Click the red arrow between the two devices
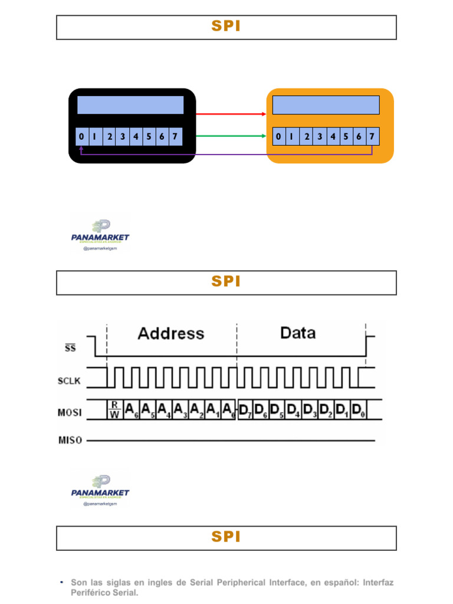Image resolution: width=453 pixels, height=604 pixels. point(231,113)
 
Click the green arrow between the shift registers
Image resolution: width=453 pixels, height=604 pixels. point(231,136)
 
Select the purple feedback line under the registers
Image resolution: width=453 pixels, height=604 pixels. point(226,155)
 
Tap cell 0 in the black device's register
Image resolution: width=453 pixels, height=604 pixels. point(81,137)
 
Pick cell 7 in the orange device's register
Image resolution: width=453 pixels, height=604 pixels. point(372,137)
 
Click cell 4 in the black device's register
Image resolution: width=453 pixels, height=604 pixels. point(136,137)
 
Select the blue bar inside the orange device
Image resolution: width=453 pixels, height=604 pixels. point(326,105)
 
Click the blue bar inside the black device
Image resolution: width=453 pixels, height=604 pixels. point(130,105)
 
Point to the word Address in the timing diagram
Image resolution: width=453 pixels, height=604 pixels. point(171,333)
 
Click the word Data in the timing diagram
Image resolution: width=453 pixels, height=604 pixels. point(298,333)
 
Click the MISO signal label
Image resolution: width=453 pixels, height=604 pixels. point(70,440)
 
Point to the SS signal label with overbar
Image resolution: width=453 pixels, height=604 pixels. point(70,347)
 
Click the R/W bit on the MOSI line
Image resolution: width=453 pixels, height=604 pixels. point(114,409)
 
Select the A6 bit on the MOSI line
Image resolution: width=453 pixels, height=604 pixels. point(132,409)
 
